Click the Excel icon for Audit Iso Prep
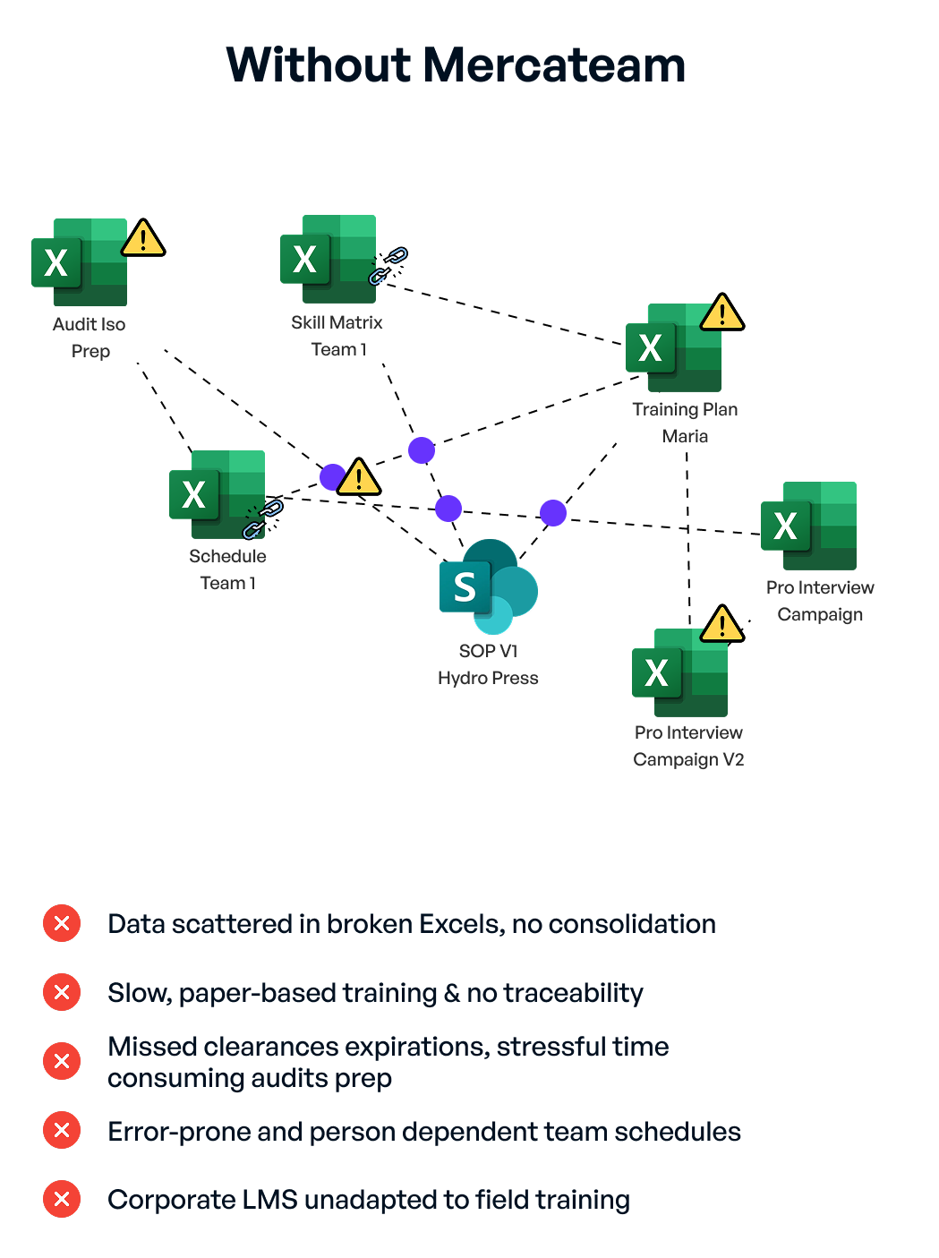(80, 262)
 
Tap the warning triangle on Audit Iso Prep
(143, 238)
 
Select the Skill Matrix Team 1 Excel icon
(328, 259)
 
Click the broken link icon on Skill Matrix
(388, 266)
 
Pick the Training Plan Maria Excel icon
(673, 347)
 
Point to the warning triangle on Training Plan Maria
(722, 312)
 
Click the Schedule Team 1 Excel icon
(217, 493)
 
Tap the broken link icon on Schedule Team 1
(263, 519)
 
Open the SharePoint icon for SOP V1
(488, 586)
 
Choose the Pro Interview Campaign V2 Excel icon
(679, 672)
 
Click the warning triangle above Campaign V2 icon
(721, 624)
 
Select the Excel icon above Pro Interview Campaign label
(808, 526)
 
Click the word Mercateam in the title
(554, 65)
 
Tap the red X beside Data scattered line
(62, 923)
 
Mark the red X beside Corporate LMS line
(62, 1199)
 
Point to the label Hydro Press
(488, 678)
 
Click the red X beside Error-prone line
(62, 1130)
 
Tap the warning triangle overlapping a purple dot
(359, 477)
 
